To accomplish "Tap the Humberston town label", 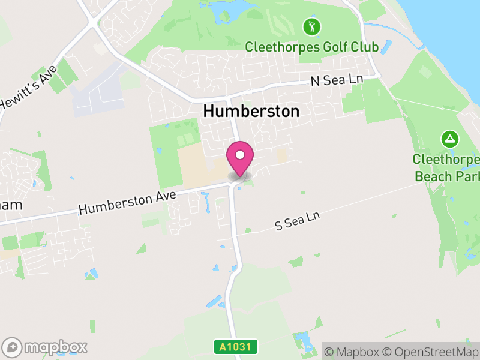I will point(251,111).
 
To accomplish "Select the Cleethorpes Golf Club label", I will point(311,47).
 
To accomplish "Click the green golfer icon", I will point(311,26).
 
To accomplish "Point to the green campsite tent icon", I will point(449,140).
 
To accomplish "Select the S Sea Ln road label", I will point(297,221).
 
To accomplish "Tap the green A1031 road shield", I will point(236,347).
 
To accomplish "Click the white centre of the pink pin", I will point(240,155).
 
